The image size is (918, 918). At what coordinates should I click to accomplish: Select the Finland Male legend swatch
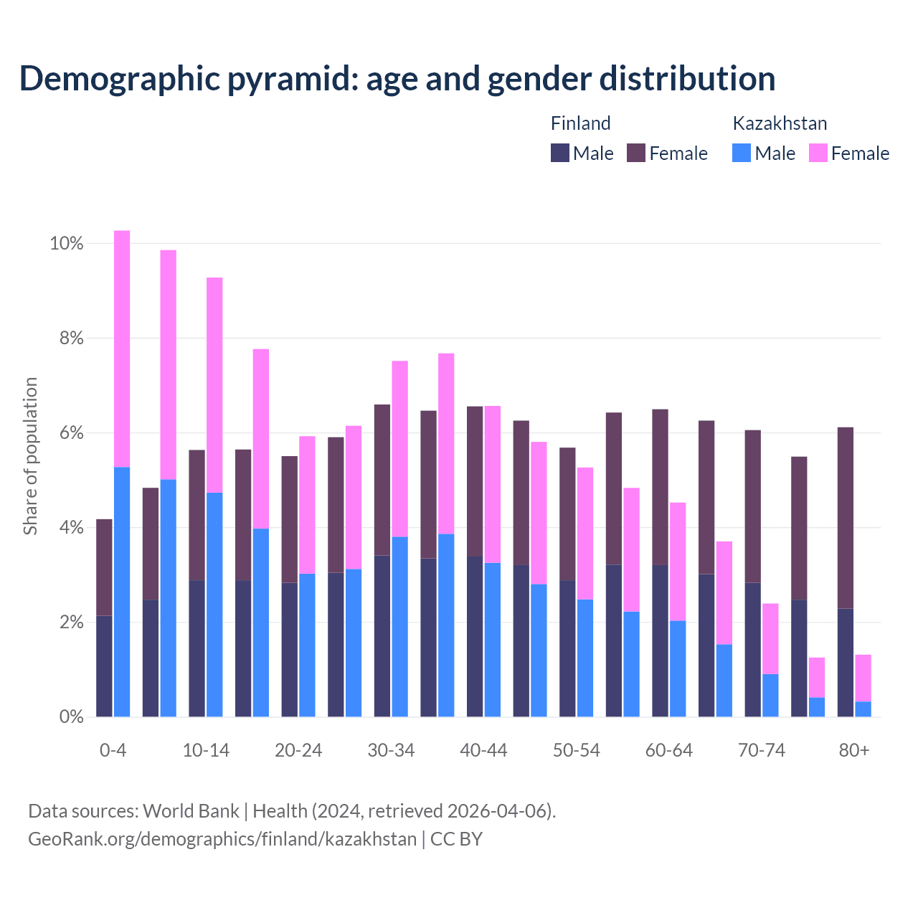(559, 153)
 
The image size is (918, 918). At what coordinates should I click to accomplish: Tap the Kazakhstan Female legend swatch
(818, 153)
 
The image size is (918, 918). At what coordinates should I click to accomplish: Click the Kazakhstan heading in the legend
(780, 123)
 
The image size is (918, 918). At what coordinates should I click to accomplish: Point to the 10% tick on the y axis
(66, 244)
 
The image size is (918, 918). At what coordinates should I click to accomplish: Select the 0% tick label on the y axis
(70, 716)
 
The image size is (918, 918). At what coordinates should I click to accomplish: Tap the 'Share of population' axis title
(30, 457)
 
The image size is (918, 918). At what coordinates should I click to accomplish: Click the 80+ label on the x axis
(854, 751)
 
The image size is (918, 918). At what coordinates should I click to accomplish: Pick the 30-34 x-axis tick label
(391, 751)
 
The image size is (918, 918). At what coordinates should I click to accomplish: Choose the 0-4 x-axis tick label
(113, 751)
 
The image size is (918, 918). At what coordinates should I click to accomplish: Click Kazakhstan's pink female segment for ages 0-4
(122, 349)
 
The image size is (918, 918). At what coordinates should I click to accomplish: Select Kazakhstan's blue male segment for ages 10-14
(214, 605)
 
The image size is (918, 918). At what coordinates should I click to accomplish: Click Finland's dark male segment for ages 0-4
(104, 666)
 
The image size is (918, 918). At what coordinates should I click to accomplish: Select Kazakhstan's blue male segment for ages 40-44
(493, 640)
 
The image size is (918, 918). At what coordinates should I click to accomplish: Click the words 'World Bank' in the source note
(191, 811)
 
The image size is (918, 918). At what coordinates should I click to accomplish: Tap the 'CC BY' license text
(456, 839)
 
